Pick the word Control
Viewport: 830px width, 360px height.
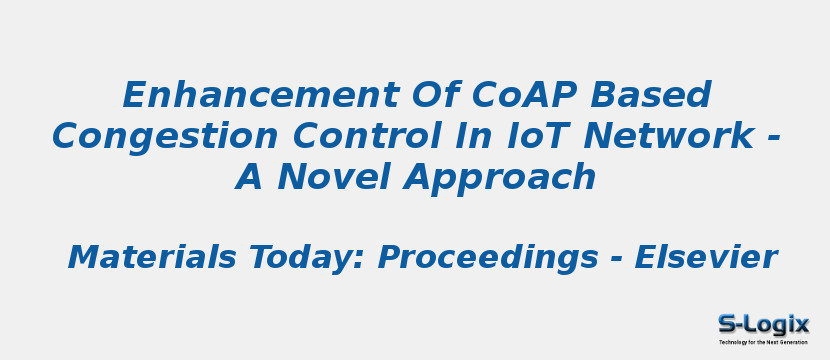pyautogui.click(x=320, y=136)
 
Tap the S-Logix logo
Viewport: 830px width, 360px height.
pyautogui.click(x=763, y=323)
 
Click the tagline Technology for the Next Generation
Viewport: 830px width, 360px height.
pyautogui.click(x=763, y=342)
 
